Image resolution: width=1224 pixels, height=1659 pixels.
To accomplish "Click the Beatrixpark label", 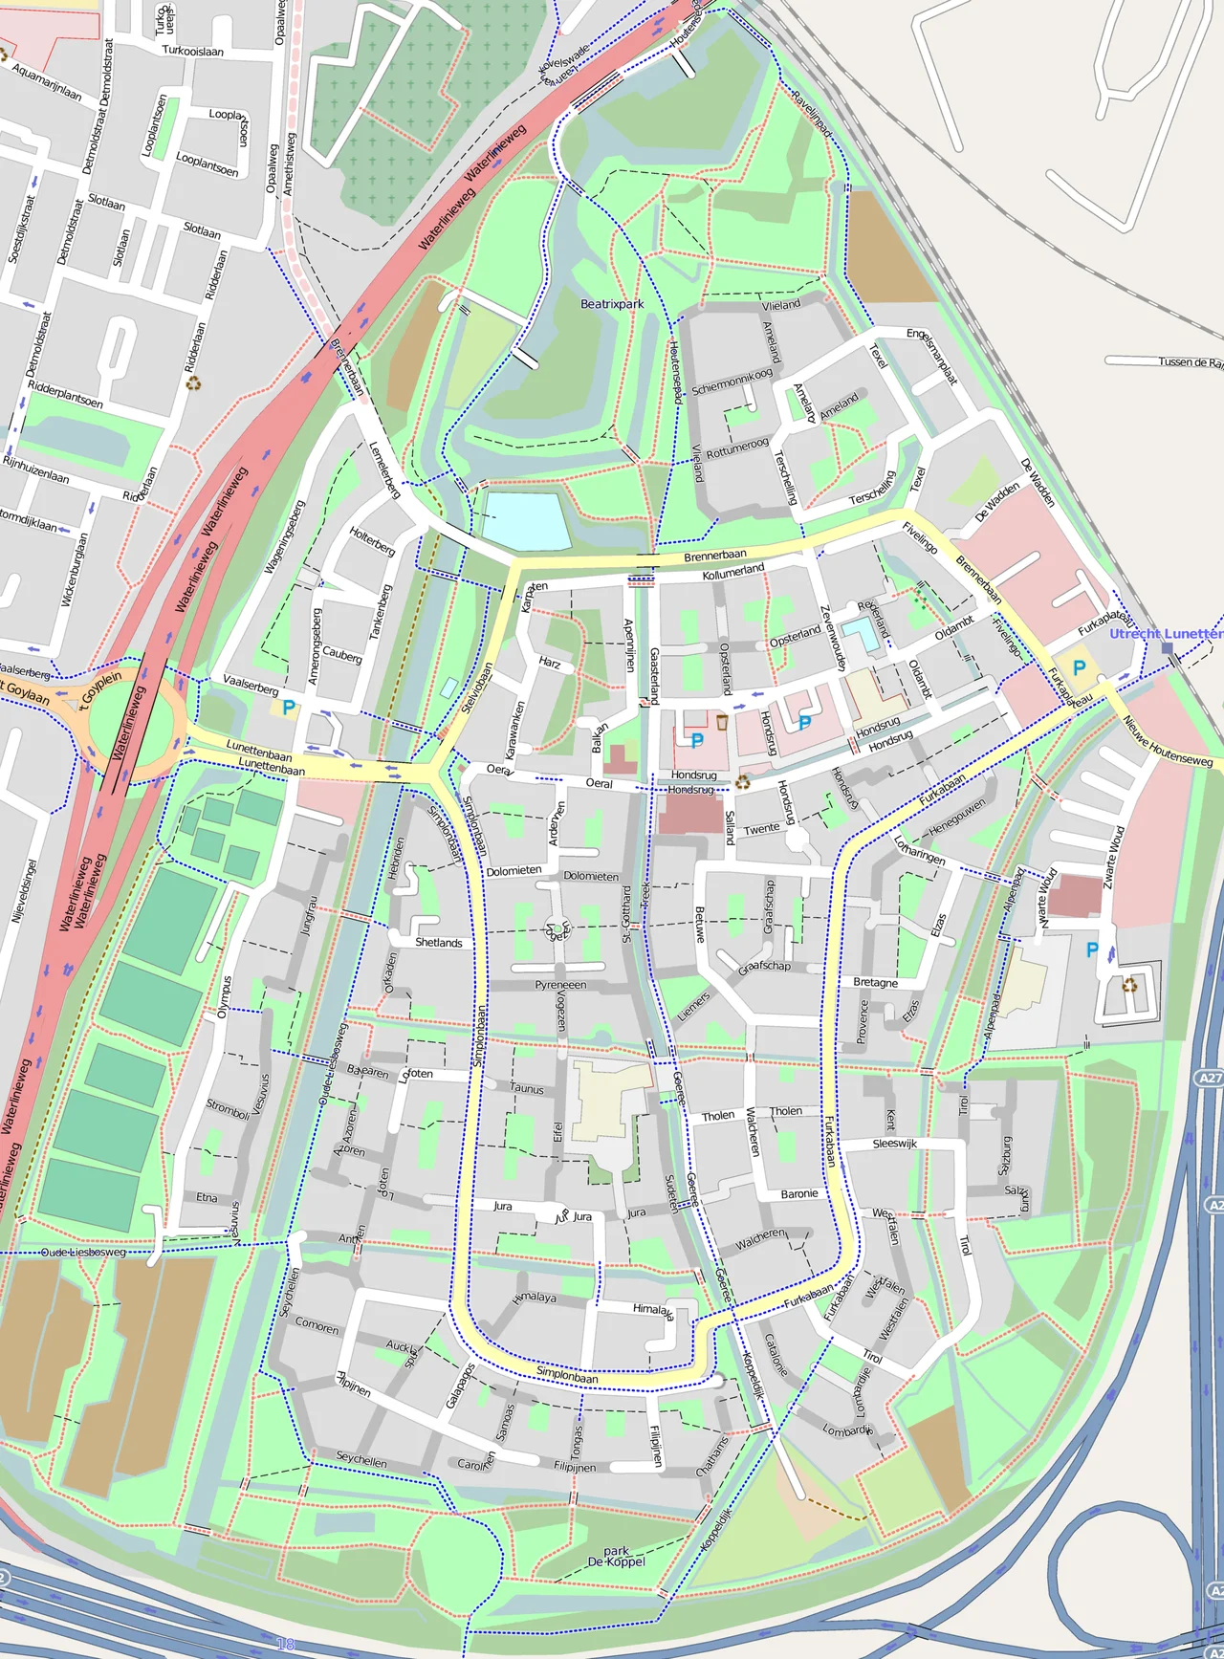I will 612,304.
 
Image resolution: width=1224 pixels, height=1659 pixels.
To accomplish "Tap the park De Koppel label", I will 617,1557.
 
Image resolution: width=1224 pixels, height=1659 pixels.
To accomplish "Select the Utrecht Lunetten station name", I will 1165,633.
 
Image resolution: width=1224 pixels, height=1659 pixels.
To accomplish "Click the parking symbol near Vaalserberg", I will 288,708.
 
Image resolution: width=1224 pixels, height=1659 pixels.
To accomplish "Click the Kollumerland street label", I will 733,572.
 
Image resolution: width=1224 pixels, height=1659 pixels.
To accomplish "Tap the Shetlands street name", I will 439,943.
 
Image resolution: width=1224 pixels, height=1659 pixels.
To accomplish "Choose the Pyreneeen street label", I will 560,985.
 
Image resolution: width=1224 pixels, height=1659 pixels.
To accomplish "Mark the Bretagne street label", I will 875,983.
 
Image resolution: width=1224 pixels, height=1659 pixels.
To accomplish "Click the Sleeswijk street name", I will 894,1144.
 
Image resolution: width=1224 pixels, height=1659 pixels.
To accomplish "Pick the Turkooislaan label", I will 192,51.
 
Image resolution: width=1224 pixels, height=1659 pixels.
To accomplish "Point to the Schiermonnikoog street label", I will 732,382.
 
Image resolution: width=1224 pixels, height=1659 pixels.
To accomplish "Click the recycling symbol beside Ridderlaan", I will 194,383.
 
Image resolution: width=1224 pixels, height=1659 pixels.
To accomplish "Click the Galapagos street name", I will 460,1386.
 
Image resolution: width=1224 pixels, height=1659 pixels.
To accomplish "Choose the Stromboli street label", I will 228,1109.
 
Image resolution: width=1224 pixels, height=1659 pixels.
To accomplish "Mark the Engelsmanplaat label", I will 932,356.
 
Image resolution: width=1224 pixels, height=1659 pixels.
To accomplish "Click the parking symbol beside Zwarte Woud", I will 1092,950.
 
